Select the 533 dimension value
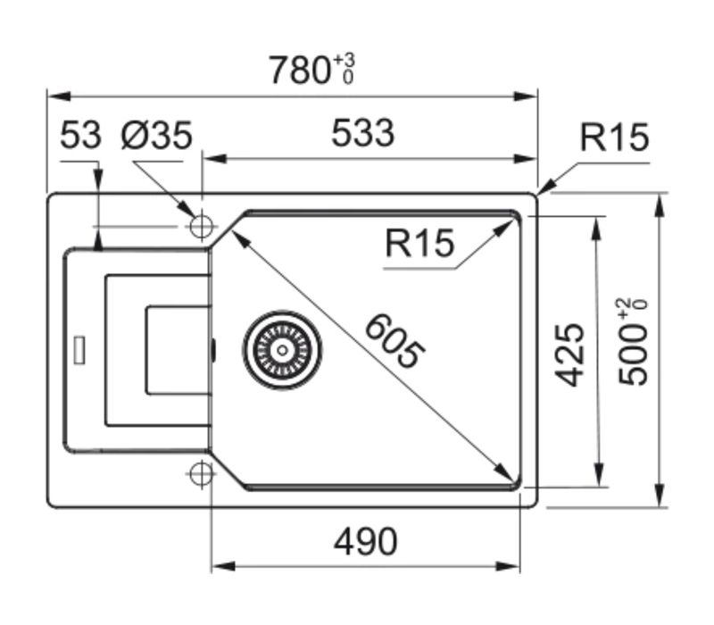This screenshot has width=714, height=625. (361, 134)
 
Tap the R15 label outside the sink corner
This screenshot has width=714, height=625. (613, 138)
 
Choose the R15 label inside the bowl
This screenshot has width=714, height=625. (419, 243)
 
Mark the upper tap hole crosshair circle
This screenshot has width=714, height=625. (200, 225)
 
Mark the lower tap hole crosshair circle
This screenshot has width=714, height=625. (200, 472)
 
